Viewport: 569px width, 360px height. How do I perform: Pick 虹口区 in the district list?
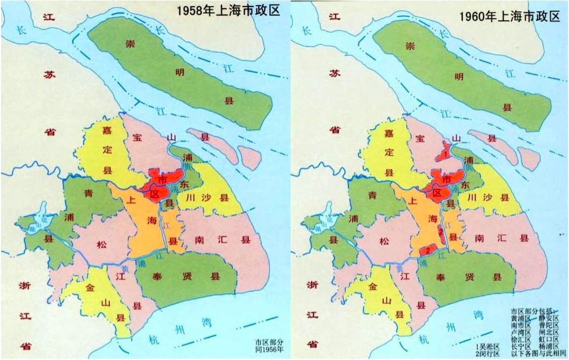(549, 340)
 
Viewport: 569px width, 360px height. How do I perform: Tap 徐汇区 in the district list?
(521, 340)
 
